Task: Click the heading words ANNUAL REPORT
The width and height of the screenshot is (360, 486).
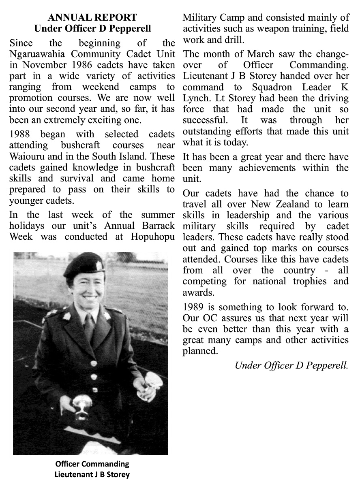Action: (x=92, y=18)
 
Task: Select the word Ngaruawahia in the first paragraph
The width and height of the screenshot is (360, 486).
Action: (x=35, y=54)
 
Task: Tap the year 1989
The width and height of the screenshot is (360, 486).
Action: (x=195, y=307)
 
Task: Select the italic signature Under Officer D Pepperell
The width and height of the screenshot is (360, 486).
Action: (x=291, y=365)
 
